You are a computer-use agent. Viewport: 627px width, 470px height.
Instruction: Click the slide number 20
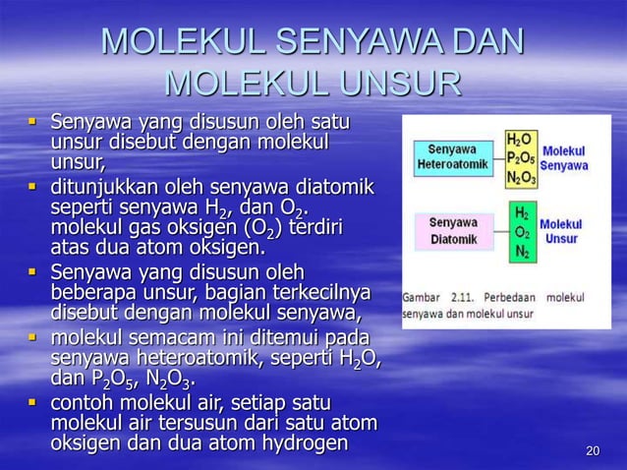pos(592,451)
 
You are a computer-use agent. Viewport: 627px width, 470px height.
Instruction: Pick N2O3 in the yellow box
pos(520,178)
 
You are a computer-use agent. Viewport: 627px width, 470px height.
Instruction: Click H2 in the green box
pos(520,213)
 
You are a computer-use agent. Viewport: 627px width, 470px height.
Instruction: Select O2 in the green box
pos(520,232)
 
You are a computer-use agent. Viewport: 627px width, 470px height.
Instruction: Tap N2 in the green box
pos(520,251)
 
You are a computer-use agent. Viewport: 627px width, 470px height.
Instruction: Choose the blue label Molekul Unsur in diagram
pos(560,231)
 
